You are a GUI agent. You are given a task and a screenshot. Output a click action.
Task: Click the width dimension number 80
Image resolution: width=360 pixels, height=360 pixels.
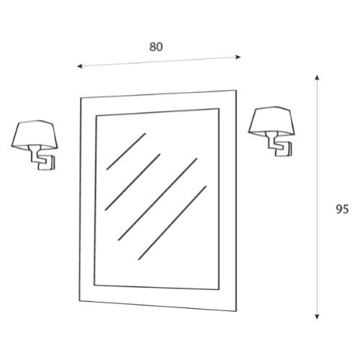156,47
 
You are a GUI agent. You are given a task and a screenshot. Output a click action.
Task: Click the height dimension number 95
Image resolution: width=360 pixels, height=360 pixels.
342,210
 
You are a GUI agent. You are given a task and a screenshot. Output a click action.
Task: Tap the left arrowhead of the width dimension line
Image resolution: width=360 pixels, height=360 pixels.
80,66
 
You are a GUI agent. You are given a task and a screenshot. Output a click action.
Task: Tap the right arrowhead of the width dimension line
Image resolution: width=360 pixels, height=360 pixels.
238,57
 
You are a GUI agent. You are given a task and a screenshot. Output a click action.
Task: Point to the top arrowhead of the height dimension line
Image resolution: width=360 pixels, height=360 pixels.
317,77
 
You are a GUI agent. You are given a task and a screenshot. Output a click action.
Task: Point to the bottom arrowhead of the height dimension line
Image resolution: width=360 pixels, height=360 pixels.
317,317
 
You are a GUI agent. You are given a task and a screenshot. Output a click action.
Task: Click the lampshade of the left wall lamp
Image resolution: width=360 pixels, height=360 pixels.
35,135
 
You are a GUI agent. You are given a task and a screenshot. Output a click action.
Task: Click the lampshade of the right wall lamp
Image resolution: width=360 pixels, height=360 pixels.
271,121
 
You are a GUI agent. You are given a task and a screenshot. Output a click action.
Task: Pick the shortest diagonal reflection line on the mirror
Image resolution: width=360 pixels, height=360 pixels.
126,151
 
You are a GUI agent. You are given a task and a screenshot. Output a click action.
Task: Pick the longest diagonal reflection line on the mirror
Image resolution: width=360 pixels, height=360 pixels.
158,199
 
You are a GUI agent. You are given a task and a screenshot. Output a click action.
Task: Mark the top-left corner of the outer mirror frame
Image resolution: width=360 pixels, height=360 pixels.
81,98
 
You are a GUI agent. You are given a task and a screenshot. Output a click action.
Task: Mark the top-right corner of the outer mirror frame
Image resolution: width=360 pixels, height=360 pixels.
236,90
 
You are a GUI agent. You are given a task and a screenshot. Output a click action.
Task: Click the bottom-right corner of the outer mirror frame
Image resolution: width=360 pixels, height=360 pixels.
236,312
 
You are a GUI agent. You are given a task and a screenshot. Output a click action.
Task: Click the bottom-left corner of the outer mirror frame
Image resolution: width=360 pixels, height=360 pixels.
79,300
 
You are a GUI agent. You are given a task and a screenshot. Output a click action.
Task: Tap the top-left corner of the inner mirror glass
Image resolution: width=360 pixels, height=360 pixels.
96,117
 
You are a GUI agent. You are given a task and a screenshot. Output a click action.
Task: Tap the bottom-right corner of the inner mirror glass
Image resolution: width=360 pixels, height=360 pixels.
219,289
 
